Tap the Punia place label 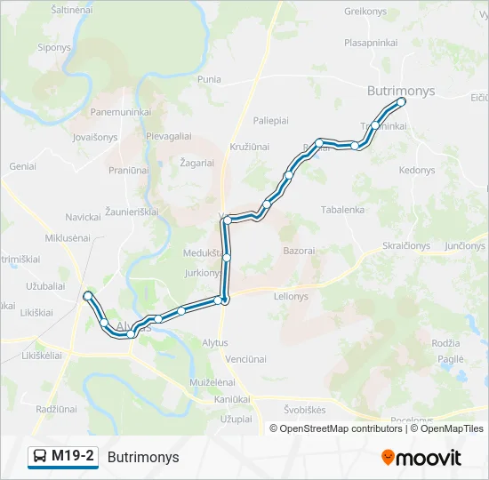209,79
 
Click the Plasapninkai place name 371,42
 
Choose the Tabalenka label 342,210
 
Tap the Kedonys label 417,170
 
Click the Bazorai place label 299,252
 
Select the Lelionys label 291,296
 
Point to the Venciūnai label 245,359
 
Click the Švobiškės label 304,410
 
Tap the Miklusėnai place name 68,237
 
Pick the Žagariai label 196,164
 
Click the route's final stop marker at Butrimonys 401,102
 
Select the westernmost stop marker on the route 87,295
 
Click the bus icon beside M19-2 40,457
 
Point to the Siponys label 53,47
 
